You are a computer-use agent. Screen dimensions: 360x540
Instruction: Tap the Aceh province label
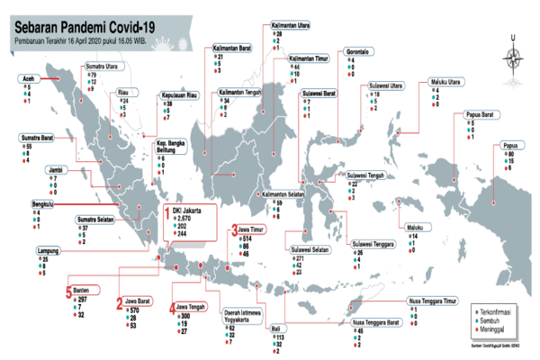pos(30,78)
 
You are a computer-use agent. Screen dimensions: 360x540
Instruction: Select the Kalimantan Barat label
pos(231,48)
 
